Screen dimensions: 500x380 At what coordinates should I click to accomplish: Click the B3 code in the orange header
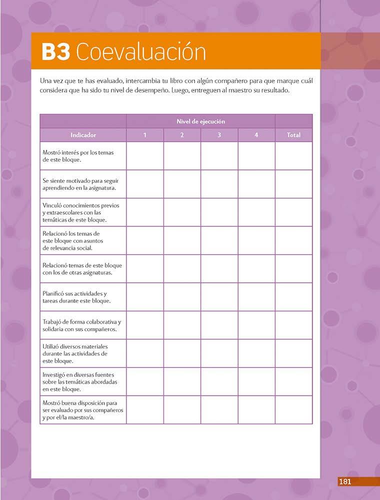coord(55,52)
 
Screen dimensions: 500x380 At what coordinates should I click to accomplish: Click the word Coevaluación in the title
coord(141,52)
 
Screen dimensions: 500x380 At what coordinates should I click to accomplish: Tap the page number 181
coord(345,482)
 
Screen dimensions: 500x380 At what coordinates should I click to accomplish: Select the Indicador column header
coord(83,135)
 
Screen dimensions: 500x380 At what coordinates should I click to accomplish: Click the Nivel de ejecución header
coord(200,121)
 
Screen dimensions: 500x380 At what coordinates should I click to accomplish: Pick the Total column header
coord(293,135)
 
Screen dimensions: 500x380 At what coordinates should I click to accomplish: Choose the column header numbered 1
coord(145,135)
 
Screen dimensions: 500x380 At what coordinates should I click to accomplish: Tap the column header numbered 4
coord(256,135)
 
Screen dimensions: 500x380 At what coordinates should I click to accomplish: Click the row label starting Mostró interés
coord(77,156)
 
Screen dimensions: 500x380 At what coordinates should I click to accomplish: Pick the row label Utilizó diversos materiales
coord(75,353)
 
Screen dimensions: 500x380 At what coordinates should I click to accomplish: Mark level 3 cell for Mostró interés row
coord(219,156)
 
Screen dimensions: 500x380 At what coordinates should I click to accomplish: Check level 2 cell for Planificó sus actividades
coord(182,297)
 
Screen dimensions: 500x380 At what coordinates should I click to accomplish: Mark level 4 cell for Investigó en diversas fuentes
coord(256,382)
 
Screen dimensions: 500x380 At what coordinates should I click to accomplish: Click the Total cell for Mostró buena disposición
coord(293,410)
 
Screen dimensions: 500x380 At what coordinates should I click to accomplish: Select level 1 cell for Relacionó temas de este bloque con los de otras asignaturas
coord(145,269)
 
